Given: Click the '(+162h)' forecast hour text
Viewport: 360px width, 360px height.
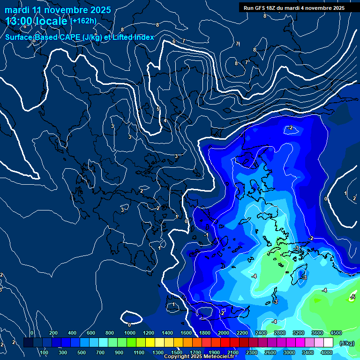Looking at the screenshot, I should [83, 21].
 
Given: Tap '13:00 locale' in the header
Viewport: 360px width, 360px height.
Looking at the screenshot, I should [37, 21].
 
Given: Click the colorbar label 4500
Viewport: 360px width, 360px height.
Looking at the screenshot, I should [336, 332].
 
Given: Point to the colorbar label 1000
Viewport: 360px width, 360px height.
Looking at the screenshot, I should [130, 332].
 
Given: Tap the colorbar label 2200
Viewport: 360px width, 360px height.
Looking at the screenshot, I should [242, 332].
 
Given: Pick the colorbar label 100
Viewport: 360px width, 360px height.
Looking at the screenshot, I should [45, 352].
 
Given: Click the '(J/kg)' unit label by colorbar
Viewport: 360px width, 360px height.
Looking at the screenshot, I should [346, 343].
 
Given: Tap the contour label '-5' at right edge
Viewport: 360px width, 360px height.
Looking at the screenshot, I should [352, 297].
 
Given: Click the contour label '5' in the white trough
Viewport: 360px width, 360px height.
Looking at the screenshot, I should [158, 109].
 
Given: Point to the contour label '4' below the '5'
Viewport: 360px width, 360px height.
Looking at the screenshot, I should [165, 121].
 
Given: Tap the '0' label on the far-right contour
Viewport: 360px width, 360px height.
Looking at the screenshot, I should [326, 199].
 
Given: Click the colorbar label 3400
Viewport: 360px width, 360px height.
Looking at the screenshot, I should [307, 352].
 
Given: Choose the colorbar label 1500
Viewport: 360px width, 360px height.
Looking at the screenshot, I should [176, 352].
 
